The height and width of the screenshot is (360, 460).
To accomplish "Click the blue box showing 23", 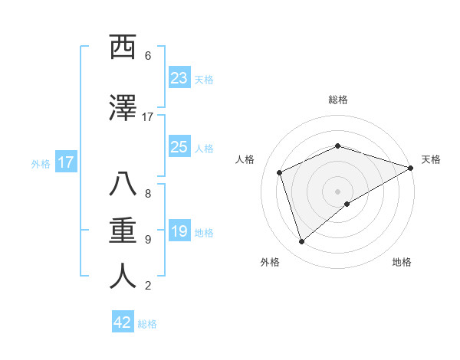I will (179, 78).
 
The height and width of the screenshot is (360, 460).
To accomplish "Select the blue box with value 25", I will (179, 147).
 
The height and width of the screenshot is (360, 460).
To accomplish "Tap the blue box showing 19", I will (179, 232).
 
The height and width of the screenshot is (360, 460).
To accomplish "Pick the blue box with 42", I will (123, 322).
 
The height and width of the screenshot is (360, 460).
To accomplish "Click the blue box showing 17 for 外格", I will (65, 162).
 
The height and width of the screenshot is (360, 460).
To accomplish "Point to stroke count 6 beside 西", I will (148, 55).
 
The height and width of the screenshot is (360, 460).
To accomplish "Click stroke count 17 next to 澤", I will (148, 116).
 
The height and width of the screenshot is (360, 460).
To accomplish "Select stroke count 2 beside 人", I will (148, 286).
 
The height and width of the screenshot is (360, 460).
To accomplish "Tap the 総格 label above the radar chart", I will (338, 100).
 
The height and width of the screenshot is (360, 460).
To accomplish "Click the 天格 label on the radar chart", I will (431, 159).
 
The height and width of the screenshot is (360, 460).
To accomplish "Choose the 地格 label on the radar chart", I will (402, 262).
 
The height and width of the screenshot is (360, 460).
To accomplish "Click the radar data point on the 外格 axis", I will (301, 242).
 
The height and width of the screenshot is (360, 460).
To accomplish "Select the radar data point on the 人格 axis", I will (280, 172).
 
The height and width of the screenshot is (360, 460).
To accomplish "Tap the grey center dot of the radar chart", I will (338, 191).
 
